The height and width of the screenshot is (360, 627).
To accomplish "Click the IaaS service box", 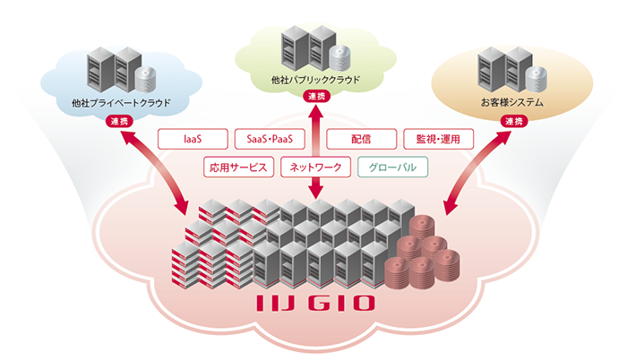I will tap(191, 140).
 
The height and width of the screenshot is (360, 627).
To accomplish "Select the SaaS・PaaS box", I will tap(271, 140).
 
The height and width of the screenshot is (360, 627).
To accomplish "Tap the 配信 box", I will tap(361, 140).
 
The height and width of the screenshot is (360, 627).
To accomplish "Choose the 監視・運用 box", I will tap(437, 140).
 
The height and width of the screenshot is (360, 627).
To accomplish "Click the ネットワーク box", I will tap(313, 167).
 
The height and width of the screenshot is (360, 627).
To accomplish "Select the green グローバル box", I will tap(393, 167).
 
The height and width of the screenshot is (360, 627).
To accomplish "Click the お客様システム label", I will tap(511, 103).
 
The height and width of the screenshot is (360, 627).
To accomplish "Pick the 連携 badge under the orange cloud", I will tap(512, 121).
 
